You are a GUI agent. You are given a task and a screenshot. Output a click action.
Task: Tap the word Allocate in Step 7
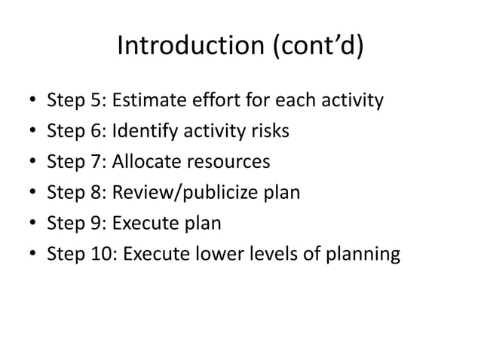click(144, 162)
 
